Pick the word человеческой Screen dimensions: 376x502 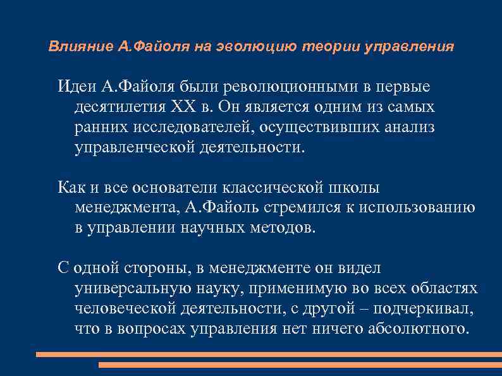(x=130, y=308)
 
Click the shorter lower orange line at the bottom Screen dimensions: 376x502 (x=300, y=365)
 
